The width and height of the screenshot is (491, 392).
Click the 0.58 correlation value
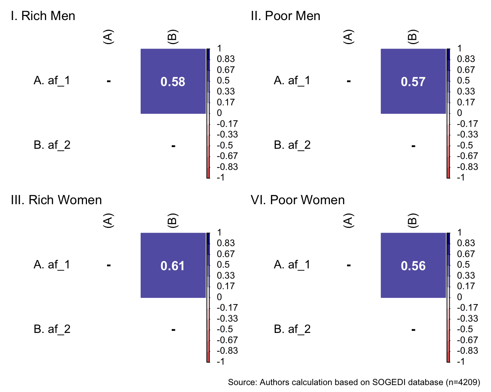click(x=173, y=82)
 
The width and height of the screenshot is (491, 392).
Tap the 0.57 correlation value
click(x=413, y=82)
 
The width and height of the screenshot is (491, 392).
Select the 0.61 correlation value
click(x=173, y=266)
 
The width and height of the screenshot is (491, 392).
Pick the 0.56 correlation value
click(x=413, y=266)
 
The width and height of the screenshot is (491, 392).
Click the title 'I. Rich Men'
click(x=43, y=16)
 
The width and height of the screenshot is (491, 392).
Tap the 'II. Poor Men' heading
click(x=285, y=16)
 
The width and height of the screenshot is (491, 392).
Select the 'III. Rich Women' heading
click(x=56, y=200)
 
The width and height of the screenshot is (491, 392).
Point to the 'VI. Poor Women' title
click(x=298, y=200)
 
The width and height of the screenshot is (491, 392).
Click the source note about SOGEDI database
click(x=354, y=382)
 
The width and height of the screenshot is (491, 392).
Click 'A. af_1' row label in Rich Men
click(x=52, y=81)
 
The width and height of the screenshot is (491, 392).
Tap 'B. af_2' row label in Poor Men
click(x=292, y=145)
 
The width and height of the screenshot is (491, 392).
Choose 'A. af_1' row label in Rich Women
click(x=52, y=265)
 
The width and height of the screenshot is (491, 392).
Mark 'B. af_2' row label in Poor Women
click(x=292, y=329)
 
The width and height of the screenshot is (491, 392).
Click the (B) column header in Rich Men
click(x=172, y=37)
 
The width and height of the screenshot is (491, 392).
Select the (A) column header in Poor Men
click(x=349, y=37)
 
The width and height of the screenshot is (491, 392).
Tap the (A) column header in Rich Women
click(x=109, y=221)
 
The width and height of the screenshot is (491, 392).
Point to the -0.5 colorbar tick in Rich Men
click(x=224, y=145)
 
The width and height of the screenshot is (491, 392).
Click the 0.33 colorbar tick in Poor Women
click(x=466, y=275)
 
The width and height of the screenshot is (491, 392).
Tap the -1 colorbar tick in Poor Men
click(x=461, y=178)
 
